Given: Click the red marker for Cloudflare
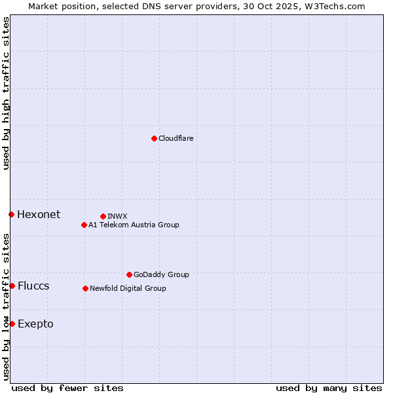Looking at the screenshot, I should [x=154, y=138].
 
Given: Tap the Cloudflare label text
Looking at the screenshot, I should [x=176, y=138].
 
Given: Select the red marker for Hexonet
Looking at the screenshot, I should [x=11, y=214].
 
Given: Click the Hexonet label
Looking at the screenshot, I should [x=39, y=215].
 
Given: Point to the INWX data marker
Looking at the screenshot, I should [x=103, y=216].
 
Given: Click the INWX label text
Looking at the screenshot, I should [x=117, y=216].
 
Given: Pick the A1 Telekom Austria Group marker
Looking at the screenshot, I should [x=84, y=225].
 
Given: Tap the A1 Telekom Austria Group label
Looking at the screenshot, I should [x=134, y=225].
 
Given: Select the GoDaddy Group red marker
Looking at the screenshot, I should [x=129, y=274].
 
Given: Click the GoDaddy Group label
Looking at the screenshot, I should [x=161, y=274].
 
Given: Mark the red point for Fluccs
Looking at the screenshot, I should [x=12, y=286].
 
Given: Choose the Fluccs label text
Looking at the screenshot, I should [x=33, y=286].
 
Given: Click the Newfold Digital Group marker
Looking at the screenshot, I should [x=85, y=288].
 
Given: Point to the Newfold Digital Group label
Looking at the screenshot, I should [x=128, y=288].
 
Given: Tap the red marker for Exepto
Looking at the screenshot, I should [x=12, y=324].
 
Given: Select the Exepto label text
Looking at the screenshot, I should [x=35, y=324].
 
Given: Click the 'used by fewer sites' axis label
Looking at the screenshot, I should [x=67, y=388].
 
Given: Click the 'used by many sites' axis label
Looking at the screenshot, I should [x=329, y=388].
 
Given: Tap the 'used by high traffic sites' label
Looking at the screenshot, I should [x=6, y=93].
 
